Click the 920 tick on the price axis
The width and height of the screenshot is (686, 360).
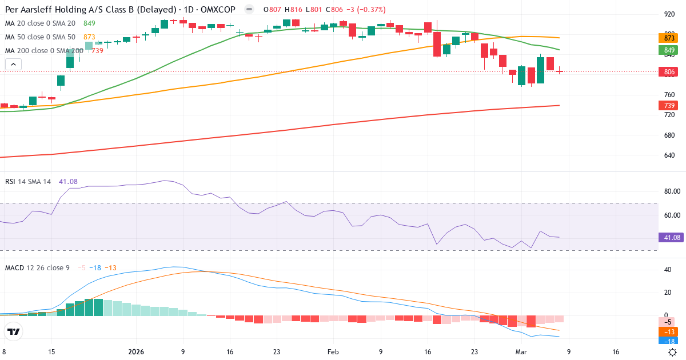669,15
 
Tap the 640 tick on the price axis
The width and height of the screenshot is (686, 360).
669,155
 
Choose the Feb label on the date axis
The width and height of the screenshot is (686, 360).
333,352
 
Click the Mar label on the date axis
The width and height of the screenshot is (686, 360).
521,352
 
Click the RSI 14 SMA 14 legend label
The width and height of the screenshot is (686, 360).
28,182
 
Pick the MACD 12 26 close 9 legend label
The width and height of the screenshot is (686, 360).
38,267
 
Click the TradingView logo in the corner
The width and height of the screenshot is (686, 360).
14,331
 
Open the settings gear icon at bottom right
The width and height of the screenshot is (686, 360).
673,352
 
